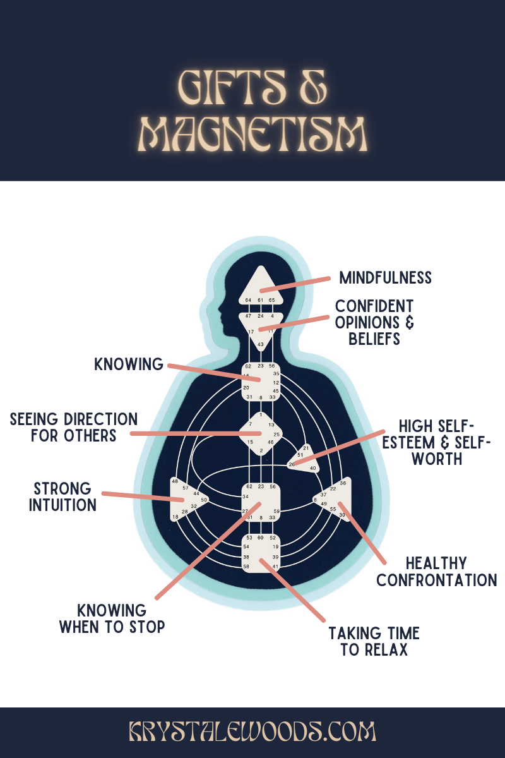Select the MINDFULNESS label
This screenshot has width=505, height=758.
(x=385, y=278)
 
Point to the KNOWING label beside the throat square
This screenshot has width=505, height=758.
(x=129, y=364)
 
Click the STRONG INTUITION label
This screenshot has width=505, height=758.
(x=62, y=496)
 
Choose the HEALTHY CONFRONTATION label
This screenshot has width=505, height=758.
(x=436, y=571)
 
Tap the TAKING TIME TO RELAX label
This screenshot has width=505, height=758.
(x=374, y=641)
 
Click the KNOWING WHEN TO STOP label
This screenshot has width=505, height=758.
(x=112, y=619)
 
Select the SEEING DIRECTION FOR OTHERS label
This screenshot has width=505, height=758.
(x=73, y=427)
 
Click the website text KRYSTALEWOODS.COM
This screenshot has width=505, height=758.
(x=252, y=733)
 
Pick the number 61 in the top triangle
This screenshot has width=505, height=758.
(x=260, y=300)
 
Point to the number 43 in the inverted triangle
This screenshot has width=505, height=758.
(x=260, y=344)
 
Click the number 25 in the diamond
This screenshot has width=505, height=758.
(x=276, y=435)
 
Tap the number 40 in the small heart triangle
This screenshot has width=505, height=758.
(x=312, y=468)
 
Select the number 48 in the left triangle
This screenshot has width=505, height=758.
(x=175, y=482)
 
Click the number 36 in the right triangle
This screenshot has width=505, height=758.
(x=343, y=483)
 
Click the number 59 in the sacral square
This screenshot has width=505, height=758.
(x=276, y=510)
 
